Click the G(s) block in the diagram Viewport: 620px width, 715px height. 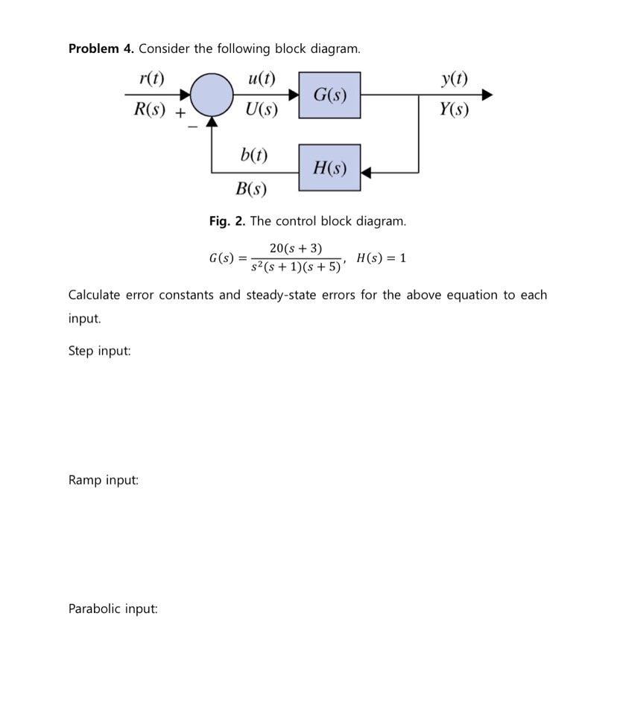(x=329, y=95)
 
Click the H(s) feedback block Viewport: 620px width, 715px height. (x=329, y=168)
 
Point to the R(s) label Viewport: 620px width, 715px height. (x=150, y=110)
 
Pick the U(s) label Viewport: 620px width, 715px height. (x=262, y=110)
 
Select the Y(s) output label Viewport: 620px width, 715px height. (x=454, y=110)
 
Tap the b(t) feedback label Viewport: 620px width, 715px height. (x=254, y=155)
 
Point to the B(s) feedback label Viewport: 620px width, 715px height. (x=251, y=188)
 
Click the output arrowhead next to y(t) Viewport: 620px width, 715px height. (x=487, y=95)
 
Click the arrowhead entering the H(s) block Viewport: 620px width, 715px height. (x=366, y=173)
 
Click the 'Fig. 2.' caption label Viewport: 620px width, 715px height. (x=227, y=221)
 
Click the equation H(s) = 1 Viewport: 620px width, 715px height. (x=381, y=258)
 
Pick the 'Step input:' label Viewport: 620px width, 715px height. (x=99, y=351)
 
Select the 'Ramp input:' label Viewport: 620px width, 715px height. (x=104, y=480)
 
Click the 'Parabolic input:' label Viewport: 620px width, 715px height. (x=113, y=609)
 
